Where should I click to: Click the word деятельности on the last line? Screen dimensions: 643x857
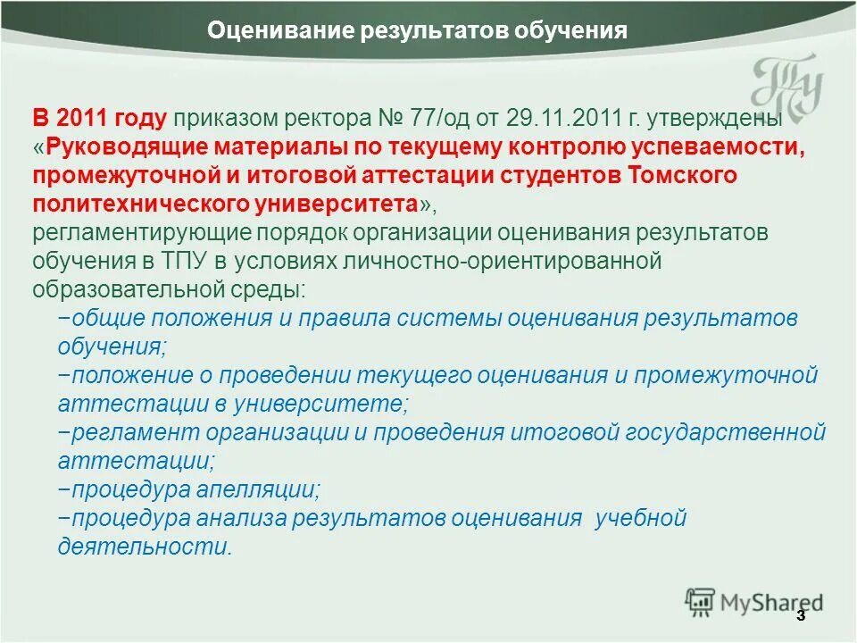pyautogui.click(x=144, y=547)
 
